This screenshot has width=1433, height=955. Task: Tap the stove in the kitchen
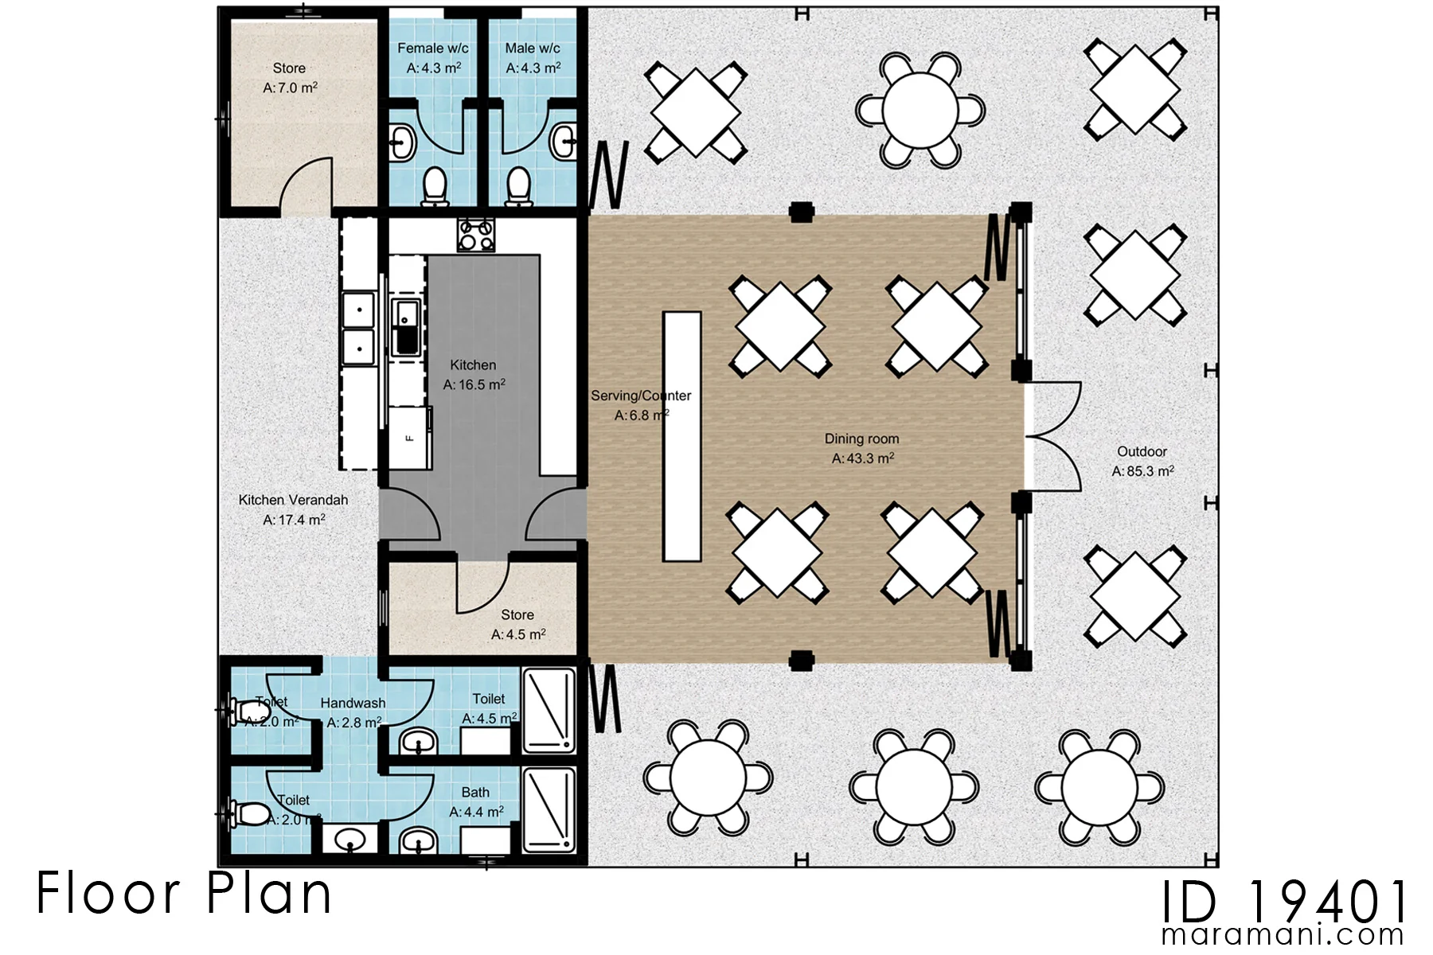476,235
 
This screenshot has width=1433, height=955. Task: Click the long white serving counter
682,437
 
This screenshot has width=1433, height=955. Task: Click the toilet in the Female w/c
435,185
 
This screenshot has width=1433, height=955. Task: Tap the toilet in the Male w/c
518,185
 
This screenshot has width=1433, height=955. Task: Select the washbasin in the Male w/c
564,143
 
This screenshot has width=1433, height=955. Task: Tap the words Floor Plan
184,893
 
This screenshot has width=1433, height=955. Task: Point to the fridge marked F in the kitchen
410,437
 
